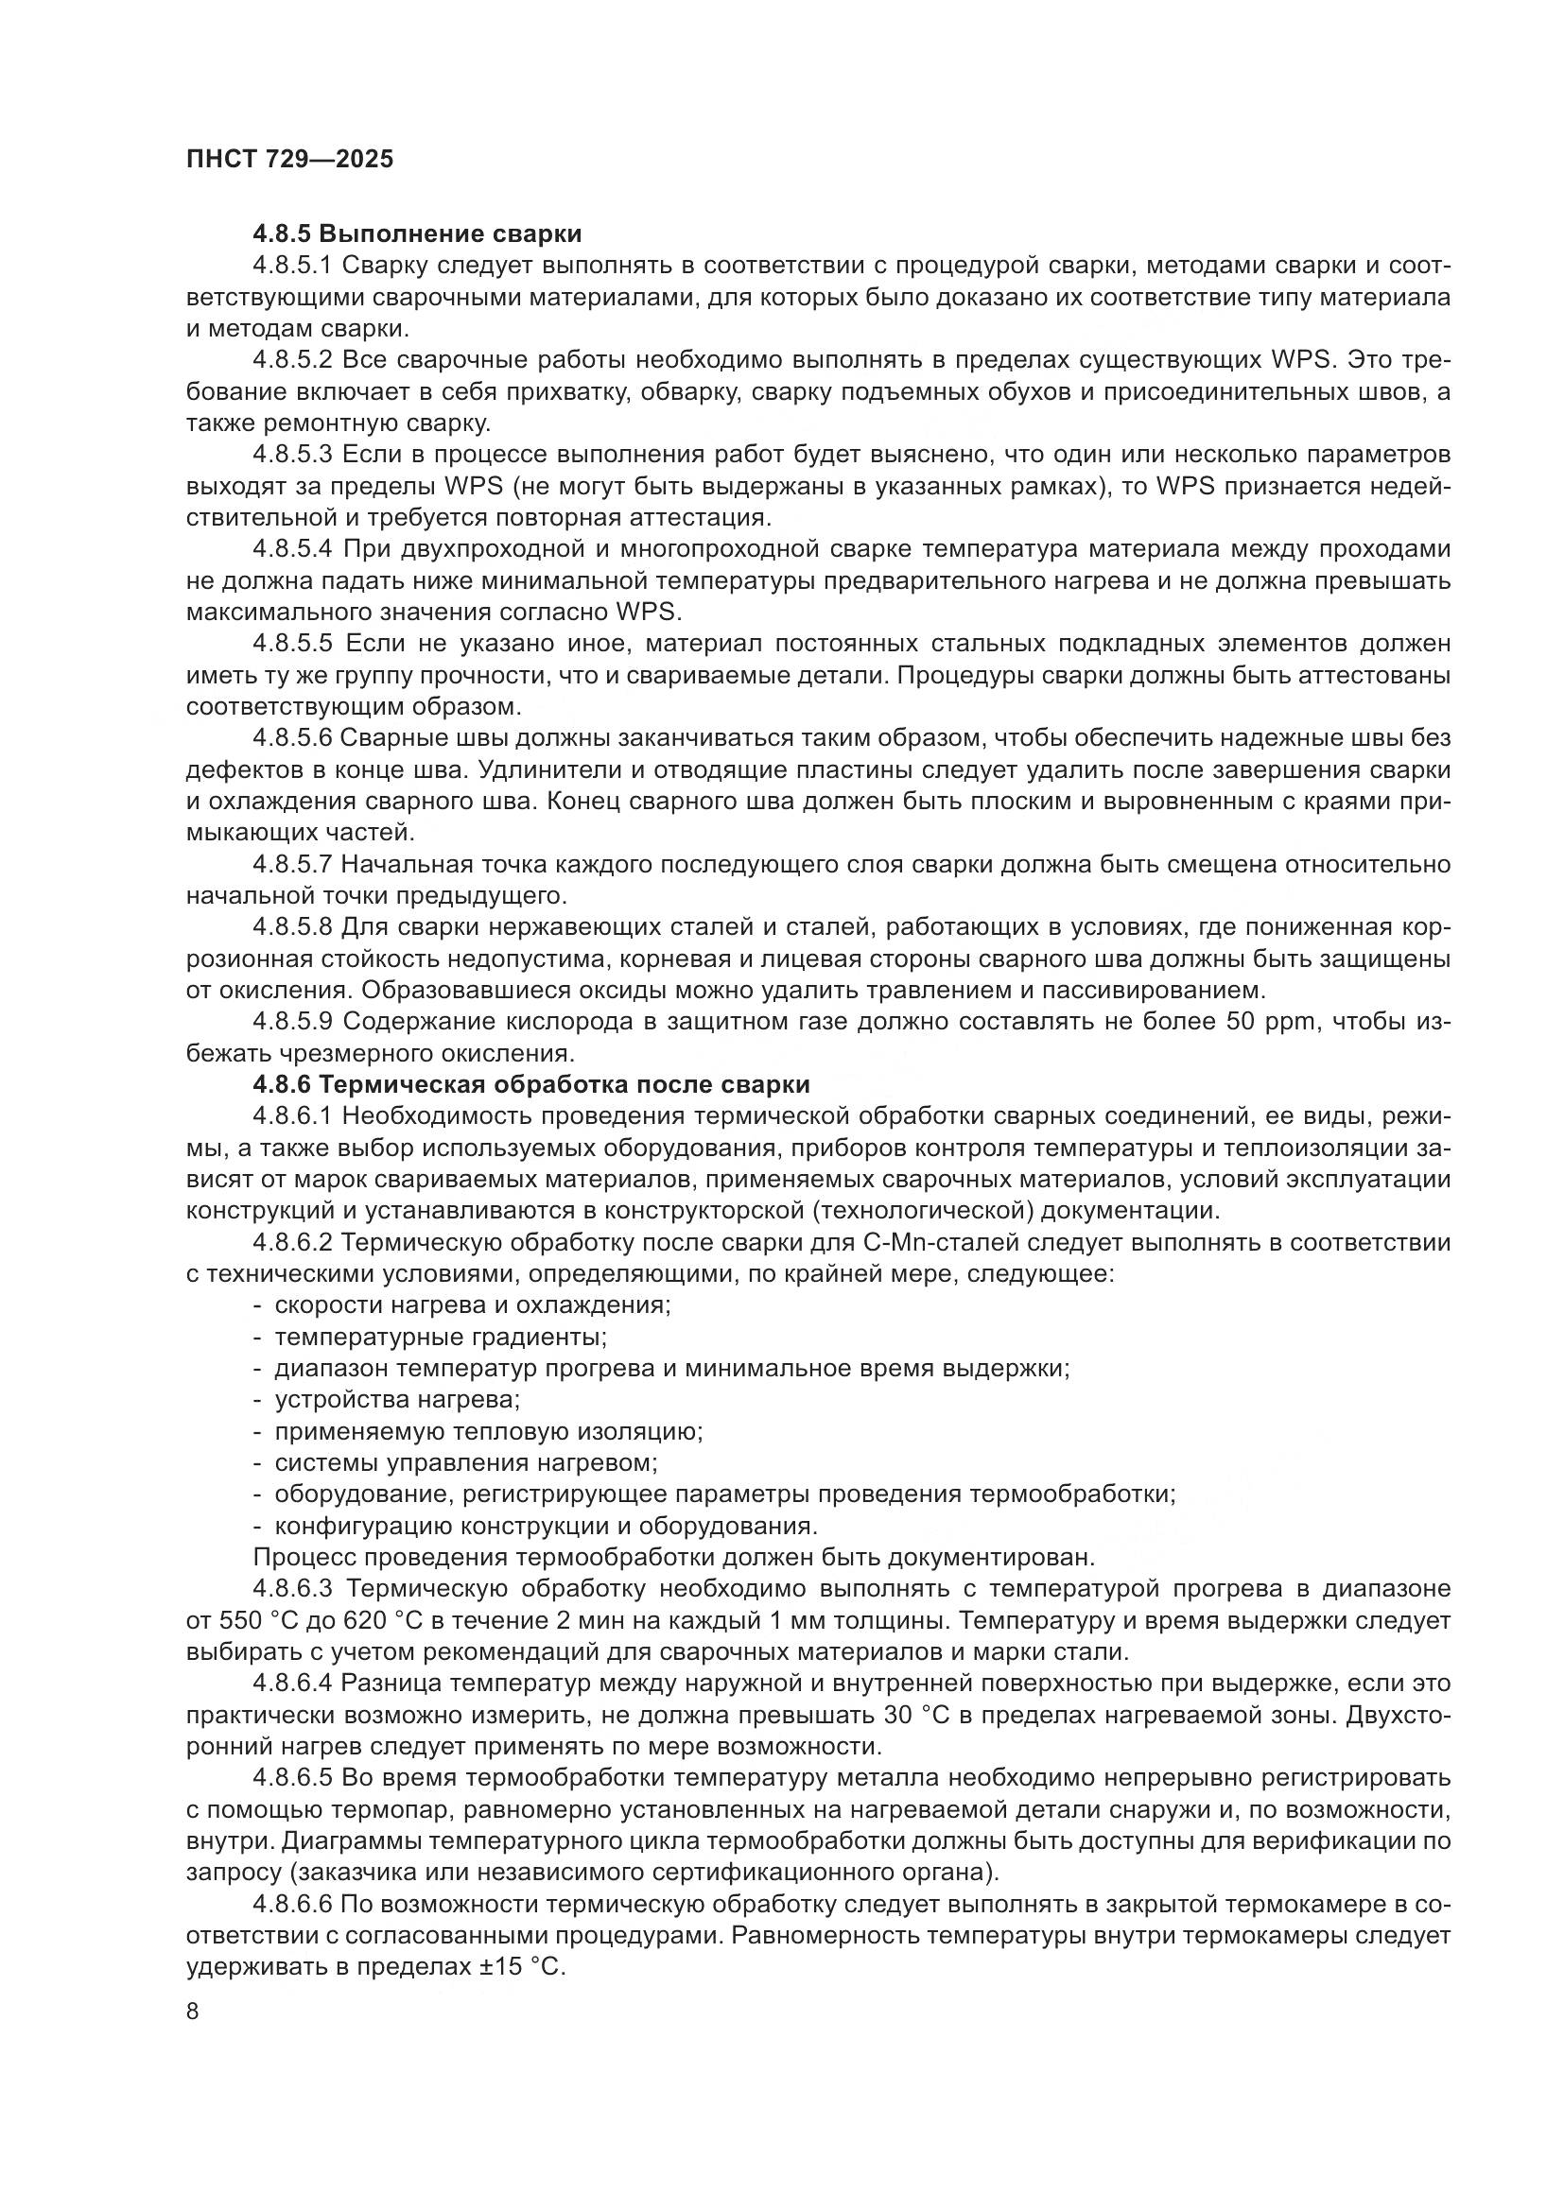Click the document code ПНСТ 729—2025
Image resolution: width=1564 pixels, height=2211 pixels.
pos(290,160)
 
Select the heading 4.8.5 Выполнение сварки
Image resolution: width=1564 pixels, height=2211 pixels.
pos(417,234)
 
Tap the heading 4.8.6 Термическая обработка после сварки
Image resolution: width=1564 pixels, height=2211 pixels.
pos(530,1084)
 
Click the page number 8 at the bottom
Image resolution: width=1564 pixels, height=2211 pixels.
pos(193,2012)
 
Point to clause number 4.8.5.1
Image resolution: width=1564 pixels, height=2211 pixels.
pos(292,266)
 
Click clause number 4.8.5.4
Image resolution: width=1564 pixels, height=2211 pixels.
pos(293,549)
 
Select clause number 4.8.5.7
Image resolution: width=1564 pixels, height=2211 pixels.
pos(293,865)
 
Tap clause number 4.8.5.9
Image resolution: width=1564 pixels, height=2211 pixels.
pos(293,1022)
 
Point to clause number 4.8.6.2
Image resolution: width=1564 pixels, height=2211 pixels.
pos(293,1242)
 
